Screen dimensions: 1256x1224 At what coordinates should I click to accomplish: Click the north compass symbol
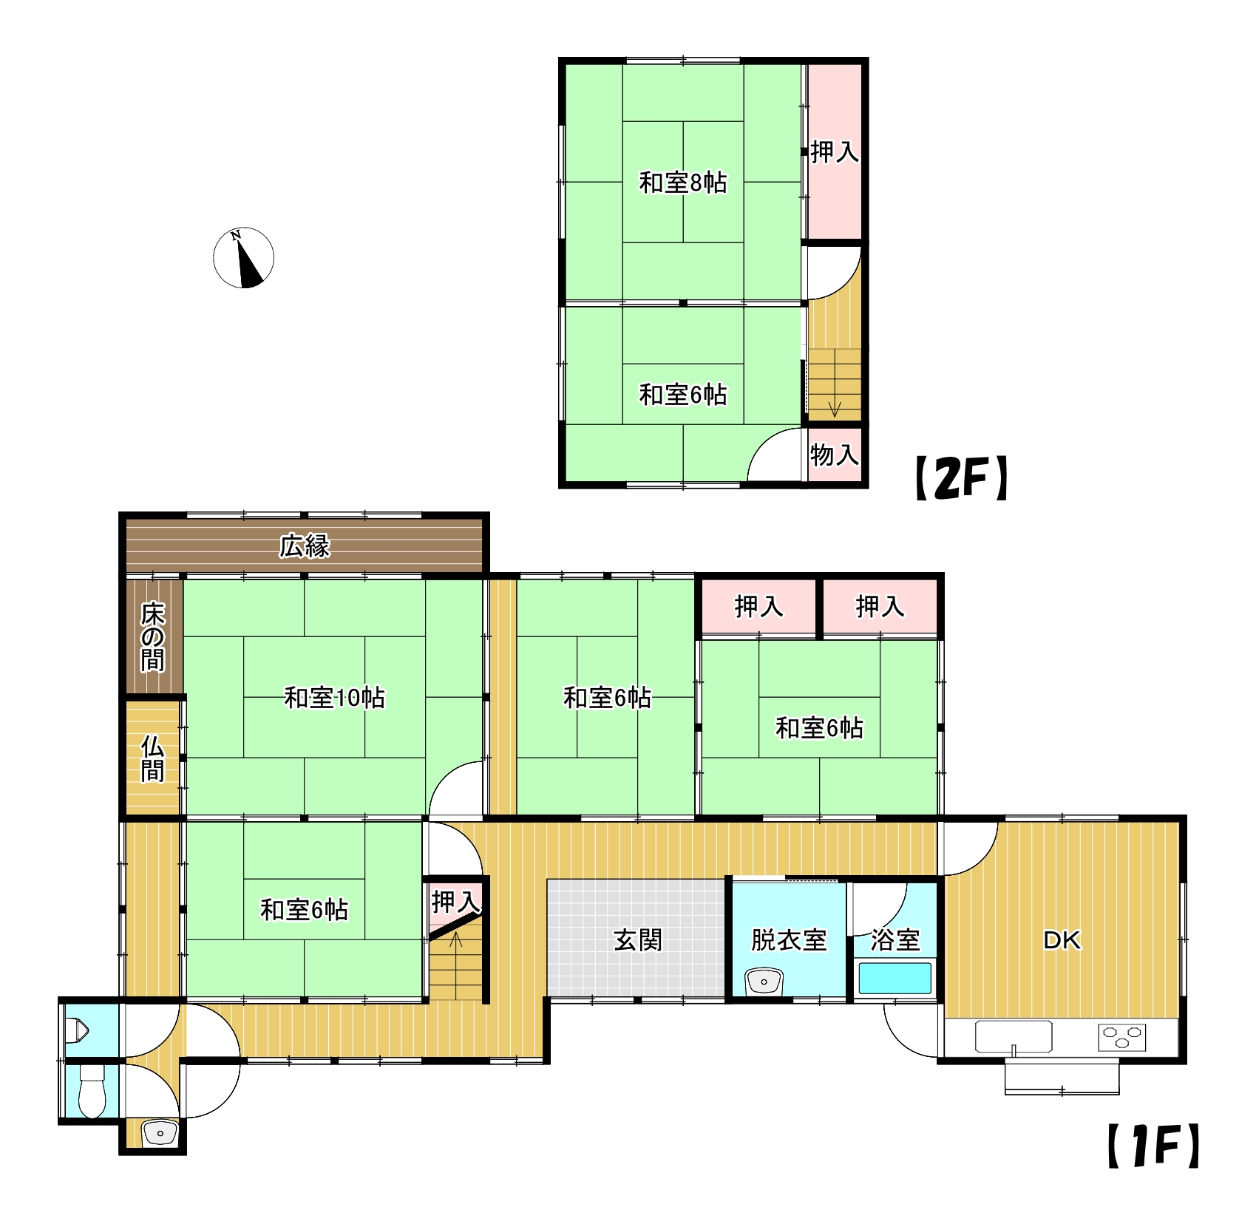(243, 257)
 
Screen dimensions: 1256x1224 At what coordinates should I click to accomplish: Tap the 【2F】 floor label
(962, 478)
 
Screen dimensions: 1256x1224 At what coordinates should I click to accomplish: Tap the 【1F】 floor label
(1154, 1146)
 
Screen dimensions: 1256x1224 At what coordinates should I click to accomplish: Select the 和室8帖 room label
(683, 183)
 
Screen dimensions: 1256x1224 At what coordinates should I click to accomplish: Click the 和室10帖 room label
(335, 698)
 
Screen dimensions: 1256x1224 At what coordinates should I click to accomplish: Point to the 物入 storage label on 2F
(835, 455)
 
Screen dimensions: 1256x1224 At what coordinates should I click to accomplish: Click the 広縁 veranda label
(305, 546)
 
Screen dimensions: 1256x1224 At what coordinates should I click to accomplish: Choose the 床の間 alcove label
(153, 636)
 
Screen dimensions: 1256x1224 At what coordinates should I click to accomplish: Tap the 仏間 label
(153, 758)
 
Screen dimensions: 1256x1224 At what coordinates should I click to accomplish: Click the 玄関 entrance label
(638, 940)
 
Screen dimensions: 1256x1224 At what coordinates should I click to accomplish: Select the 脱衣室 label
(789, 940)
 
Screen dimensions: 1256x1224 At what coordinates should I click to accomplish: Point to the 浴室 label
(895, 940)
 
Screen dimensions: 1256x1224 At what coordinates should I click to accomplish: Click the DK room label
(1062, 940)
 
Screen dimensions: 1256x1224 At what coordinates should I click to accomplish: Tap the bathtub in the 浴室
(895, 978)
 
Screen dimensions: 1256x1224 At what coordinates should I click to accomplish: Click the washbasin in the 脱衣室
(764, 982)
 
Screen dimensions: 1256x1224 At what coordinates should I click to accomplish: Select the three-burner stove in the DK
(1122, 1037)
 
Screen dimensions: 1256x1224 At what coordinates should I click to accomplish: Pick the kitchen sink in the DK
(1014, 1037)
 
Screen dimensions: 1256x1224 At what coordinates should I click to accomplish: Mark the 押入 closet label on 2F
(835, 152)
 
